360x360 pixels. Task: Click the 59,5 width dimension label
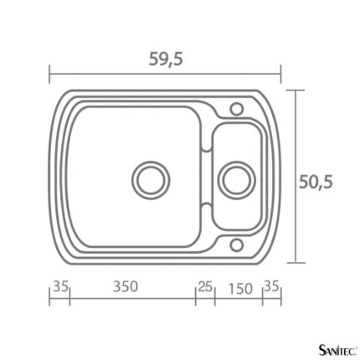[166, 59]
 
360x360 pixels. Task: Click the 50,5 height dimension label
[316, 183]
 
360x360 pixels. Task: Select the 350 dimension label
[126, 286]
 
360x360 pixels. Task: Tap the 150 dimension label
[240, 289]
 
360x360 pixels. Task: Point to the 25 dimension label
[205, 287]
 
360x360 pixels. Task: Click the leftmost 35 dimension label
[61, 286]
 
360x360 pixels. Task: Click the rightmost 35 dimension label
[271, 286]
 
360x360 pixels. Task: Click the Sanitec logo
[338, 349]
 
